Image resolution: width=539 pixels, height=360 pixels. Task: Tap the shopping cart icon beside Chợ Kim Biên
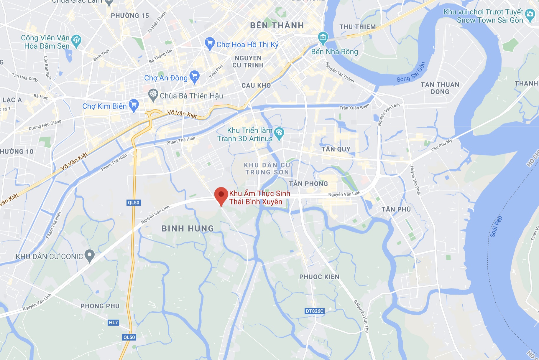(134, 105)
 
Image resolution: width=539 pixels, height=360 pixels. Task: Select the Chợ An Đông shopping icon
(194, 76)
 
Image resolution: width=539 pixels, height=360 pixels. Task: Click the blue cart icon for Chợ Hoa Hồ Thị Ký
(209, 43)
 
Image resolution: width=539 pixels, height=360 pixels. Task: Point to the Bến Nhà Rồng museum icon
(323, 37)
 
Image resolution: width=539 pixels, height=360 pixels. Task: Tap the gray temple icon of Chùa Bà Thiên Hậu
(153, 94)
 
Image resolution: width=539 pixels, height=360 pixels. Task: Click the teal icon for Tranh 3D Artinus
(279, 133)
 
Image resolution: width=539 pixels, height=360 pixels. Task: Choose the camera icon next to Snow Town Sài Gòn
(530, 14)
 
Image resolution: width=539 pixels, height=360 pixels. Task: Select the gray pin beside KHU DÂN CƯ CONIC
(90, 255)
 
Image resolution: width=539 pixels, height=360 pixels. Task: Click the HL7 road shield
(113, 323)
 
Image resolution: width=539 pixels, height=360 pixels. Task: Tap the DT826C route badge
(314, 311)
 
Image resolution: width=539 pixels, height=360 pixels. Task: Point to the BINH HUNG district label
(188, 229)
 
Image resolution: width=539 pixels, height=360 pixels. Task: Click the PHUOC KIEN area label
(319, 277)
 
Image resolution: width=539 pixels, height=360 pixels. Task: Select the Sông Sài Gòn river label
(411, 72)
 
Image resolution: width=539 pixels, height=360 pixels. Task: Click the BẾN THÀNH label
(277, 26)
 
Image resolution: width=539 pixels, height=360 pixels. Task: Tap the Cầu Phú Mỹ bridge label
(441, 145)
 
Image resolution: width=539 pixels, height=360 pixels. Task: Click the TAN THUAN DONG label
(440, 88)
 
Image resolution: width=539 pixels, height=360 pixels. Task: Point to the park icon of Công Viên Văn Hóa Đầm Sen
(76, 40)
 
